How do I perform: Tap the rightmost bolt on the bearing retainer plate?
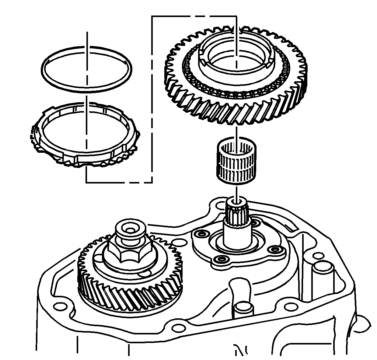275,250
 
